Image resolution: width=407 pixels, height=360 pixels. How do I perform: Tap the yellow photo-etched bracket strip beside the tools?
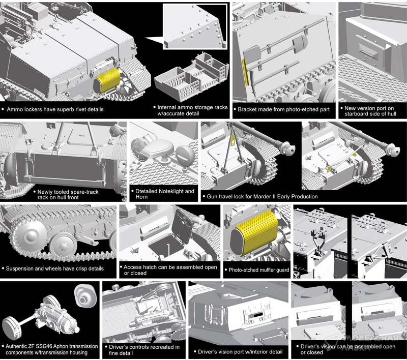pos(245,72)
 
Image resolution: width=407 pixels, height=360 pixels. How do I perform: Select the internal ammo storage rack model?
pos(192,77)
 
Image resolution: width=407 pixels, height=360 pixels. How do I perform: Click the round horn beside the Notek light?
pos(185,155)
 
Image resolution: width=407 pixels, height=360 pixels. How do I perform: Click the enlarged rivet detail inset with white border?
pos(195,26)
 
